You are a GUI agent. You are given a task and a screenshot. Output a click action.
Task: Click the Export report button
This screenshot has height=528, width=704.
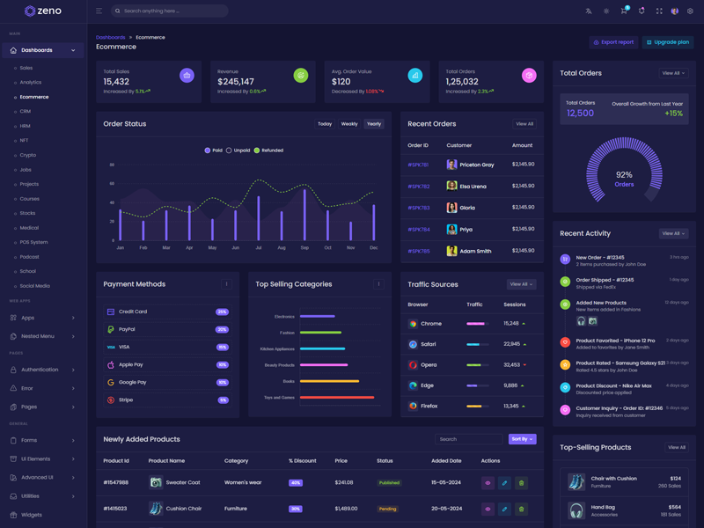point(613,42)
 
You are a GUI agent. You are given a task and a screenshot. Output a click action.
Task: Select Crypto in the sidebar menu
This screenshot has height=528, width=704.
point(28,155)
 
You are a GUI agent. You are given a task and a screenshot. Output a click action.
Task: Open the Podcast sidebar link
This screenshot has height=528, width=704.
point(29,257)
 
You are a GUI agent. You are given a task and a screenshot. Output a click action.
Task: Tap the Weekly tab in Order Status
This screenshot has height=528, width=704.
point(349,124)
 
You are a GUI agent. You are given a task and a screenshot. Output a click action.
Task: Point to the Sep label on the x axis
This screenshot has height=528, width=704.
point(304,248)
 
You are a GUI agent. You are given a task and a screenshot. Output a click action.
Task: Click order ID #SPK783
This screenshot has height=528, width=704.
point(418,208)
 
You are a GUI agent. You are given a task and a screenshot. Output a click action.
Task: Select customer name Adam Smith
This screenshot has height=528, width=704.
point(475,251)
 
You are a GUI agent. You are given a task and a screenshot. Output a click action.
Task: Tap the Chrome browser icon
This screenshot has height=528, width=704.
point(413,324)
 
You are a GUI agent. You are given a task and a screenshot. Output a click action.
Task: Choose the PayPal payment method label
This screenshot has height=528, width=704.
point(127,329)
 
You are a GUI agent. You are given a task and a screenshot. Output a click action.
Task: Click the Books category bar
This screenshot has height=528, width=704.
point(329,381)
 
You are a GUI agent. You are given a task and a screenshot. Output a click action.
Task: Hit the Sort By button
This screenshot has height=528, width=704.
point(522,439)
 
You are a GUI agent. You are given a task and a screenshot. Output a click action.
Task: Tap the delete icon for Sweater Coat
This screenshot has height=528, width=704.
point(521,483)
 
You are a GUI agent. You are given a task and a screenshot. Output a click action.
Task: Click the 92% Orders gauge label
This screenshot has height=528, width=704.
point(624,180)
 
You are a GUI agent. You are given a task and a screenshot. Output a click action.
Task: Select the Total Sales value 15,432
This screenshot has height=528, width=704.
point(116,82)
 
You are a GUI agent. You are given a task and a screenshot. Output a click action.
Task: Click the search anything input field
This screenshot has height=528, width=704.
point(172,11)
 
